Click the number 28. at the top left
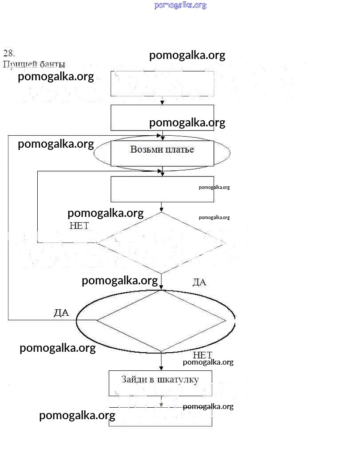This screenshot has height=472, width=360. click(x=9, y=53)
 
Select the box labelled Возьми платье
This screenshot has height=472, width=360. click(x=162, y=153)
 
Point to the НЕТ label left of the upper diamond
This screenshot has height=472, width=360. click(x=79, y=225)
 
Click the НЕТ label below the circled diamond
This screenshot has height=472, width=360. click(x=202, y=355)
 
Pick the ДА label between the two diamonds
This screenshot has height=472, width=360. click(x=199, y=282)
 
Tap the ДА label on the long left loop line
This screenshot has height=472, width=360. click(x=61, y=313)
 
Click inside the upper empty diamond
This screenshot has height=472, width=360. click(x=161, y=243)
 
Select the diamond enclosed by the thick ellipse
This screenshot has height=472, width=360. click(x=161, y=320)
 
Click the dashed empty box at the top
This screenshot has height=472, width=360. click(x=162, y=83)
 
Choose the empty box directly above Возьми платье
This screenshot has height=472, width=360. click(x=162, y=118)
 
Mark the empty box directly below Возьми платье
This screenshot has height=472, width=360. click(x=162, y=189)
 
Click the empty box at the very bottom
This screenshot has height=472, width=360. click(x=160, y=417)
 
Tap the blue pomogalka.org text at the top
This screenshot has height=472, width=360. click(x=180, y=5)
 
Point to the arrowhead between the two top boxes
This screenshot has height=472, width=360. click(x=162, y=102)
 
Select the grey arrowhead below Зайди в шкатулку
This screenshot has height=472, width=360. click(x=162, y=404)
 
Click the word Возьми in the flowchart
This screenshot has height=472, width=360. click(x=145, y=149)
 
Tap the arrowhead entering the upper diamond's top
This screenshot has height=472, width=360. click(x=162, y=209)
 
